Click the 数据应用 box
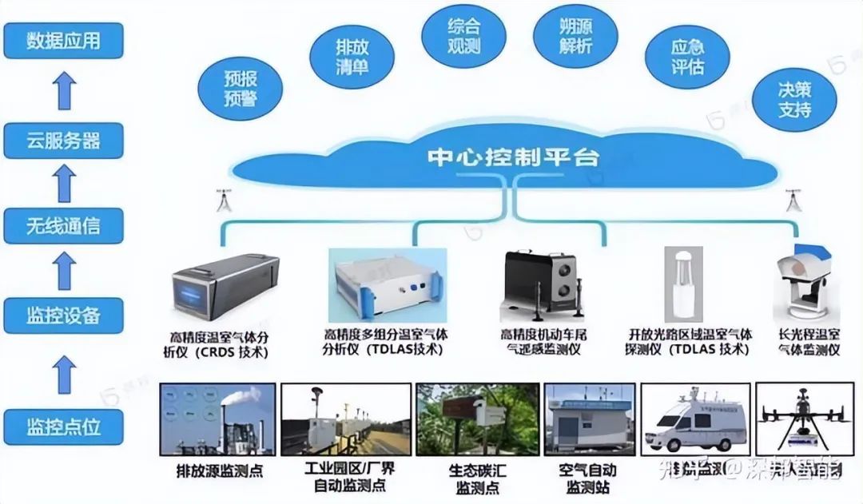pyautogui.click(x=63, y=41)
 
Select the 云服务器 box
pyautogui.click(x=63, y=141)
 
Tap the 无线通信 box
pyautogui.click(x=63, y=227)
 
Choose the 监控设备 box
pyautogui.click(x=63, y=315)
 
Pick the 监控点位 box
pyautogui.click(x=63, y=425)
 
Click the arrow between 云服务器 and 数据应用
pyautogui.click(x=64, y=90)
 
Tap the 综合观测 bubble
pyautogui.click(x=463, y=36)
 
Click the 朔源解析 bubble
pyautogui.click(x=575, y=36)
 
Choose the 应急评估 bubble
pyautogui.click(x=687, y=57)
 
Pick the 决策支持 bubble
pyautogui.click(x=795, y=99)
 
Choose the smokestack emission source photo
pyautogui.click(x=217, y=420)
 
